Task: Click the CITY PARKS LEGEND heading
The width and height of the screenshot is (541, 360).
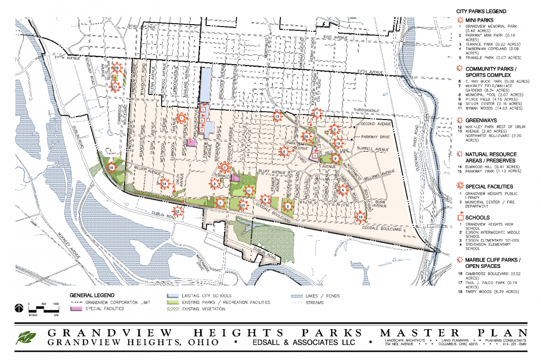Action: point(481,10)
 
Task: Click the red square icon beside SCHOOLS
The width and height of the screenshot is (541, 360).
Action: point(460,218)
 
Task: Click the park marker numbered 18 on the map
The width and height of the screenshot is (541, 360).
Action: point(112,167)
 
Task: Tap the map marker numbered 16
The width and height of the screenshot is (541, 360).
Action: point(117,68)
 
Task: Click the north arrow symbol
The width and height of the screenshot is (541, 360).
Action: point(18,308)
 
